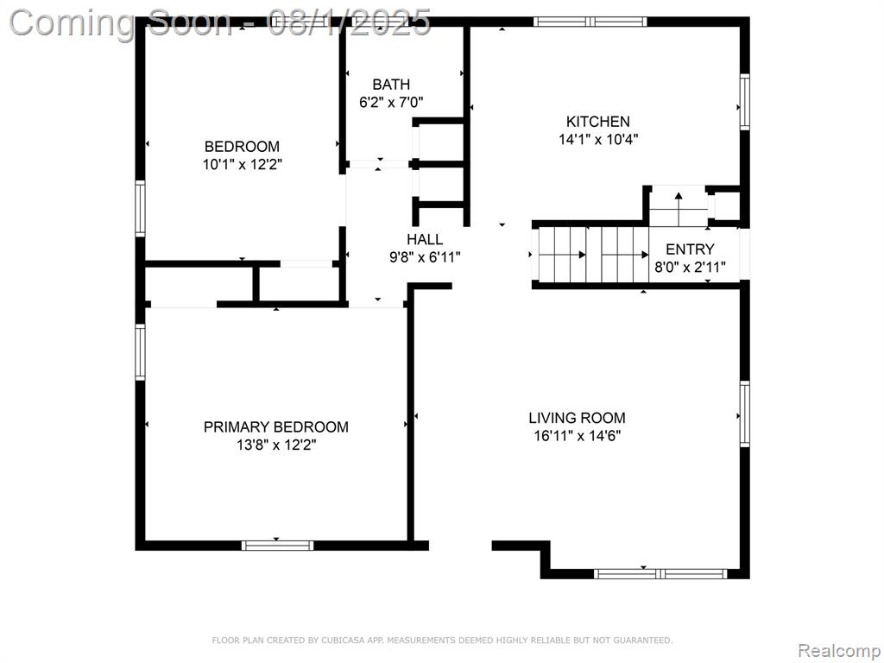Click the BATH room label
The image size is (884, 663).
pos(391,85)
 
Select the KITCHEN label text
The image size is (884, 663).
pos(597,121)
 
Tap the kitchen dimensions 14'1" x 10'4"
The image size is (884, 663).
pos(598,139)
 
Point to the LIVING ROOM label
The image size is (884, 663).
pos(577,418)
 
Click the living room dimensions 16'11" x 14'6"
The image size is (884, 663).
pos(577,436)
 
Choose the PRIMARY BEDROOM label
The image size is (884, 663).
pos(275,426)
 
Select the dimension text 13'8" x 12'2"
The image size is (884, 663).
pos(276,445)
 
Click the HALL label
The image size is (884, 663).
pos(425,239)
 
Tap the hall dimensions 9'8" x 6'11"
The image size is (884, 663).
pos(425,257)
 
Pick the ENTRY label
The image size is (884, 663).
pos(690,249)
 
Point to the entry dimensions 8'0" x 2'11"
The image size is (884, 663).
pos(690,267)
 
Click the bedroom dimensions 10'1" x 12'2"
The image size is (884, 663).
pos(243,165)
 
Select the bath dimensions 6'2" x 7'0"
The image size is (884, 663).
pos(391,103)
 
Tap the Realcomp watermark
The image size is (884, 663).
pos(839,651)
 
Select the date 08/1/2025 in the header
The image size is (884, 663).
pos(349,23)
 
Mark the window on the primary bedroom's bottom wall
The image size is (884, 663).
pos(277,546)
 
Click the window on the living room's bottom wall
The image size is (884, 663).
pos(660,574)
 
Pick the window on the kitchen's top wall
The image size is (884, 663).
pos(590,22)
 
